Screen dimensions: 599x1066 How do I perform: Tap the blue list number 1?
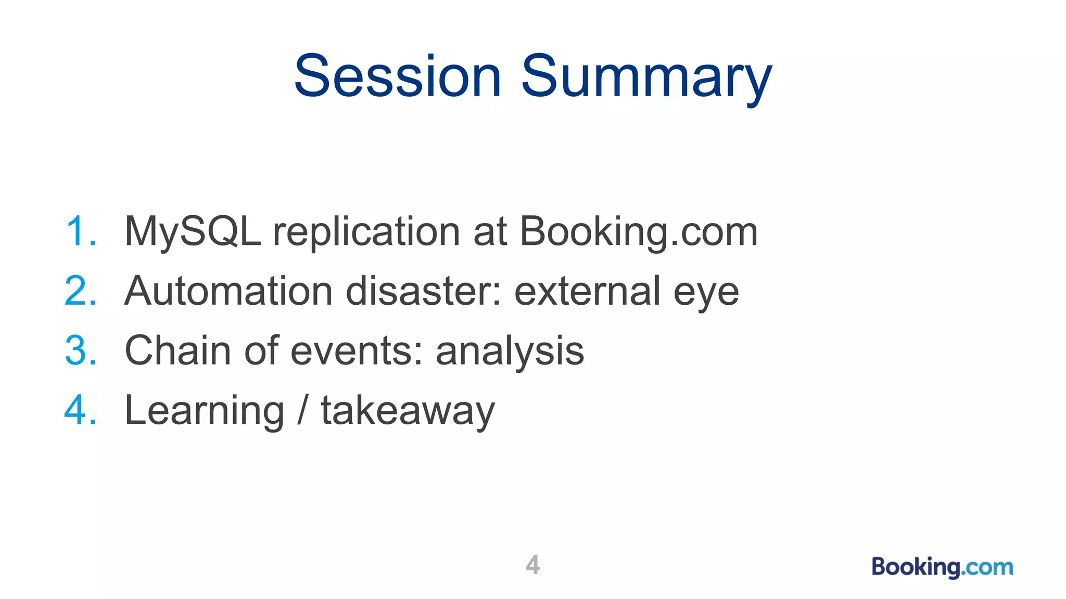coord(80,231)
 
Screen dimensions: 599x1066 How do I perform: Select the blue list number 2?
coord(80,291)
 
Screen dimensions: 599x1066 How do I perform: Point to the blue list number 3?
coord(80,350)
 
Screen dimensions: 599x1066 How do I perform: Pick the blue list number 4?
coord(80,410)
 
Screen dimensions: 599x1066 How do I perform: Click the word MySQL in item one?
coord(193,231)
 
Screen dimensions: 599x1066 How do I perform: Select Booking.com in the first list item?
coord(638,232)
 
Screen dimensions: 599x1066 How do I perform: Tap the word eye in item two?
coord(706,293)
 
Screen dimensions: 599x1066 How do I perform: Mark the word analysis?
coord(510,353)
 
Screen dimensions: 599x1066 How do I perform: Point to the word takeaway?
coord(408,411)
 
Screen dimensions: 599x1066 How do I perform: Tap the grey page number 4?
coord(532,565)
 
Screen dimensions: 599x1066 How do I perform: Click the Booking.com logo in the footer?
coord(942,567)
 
